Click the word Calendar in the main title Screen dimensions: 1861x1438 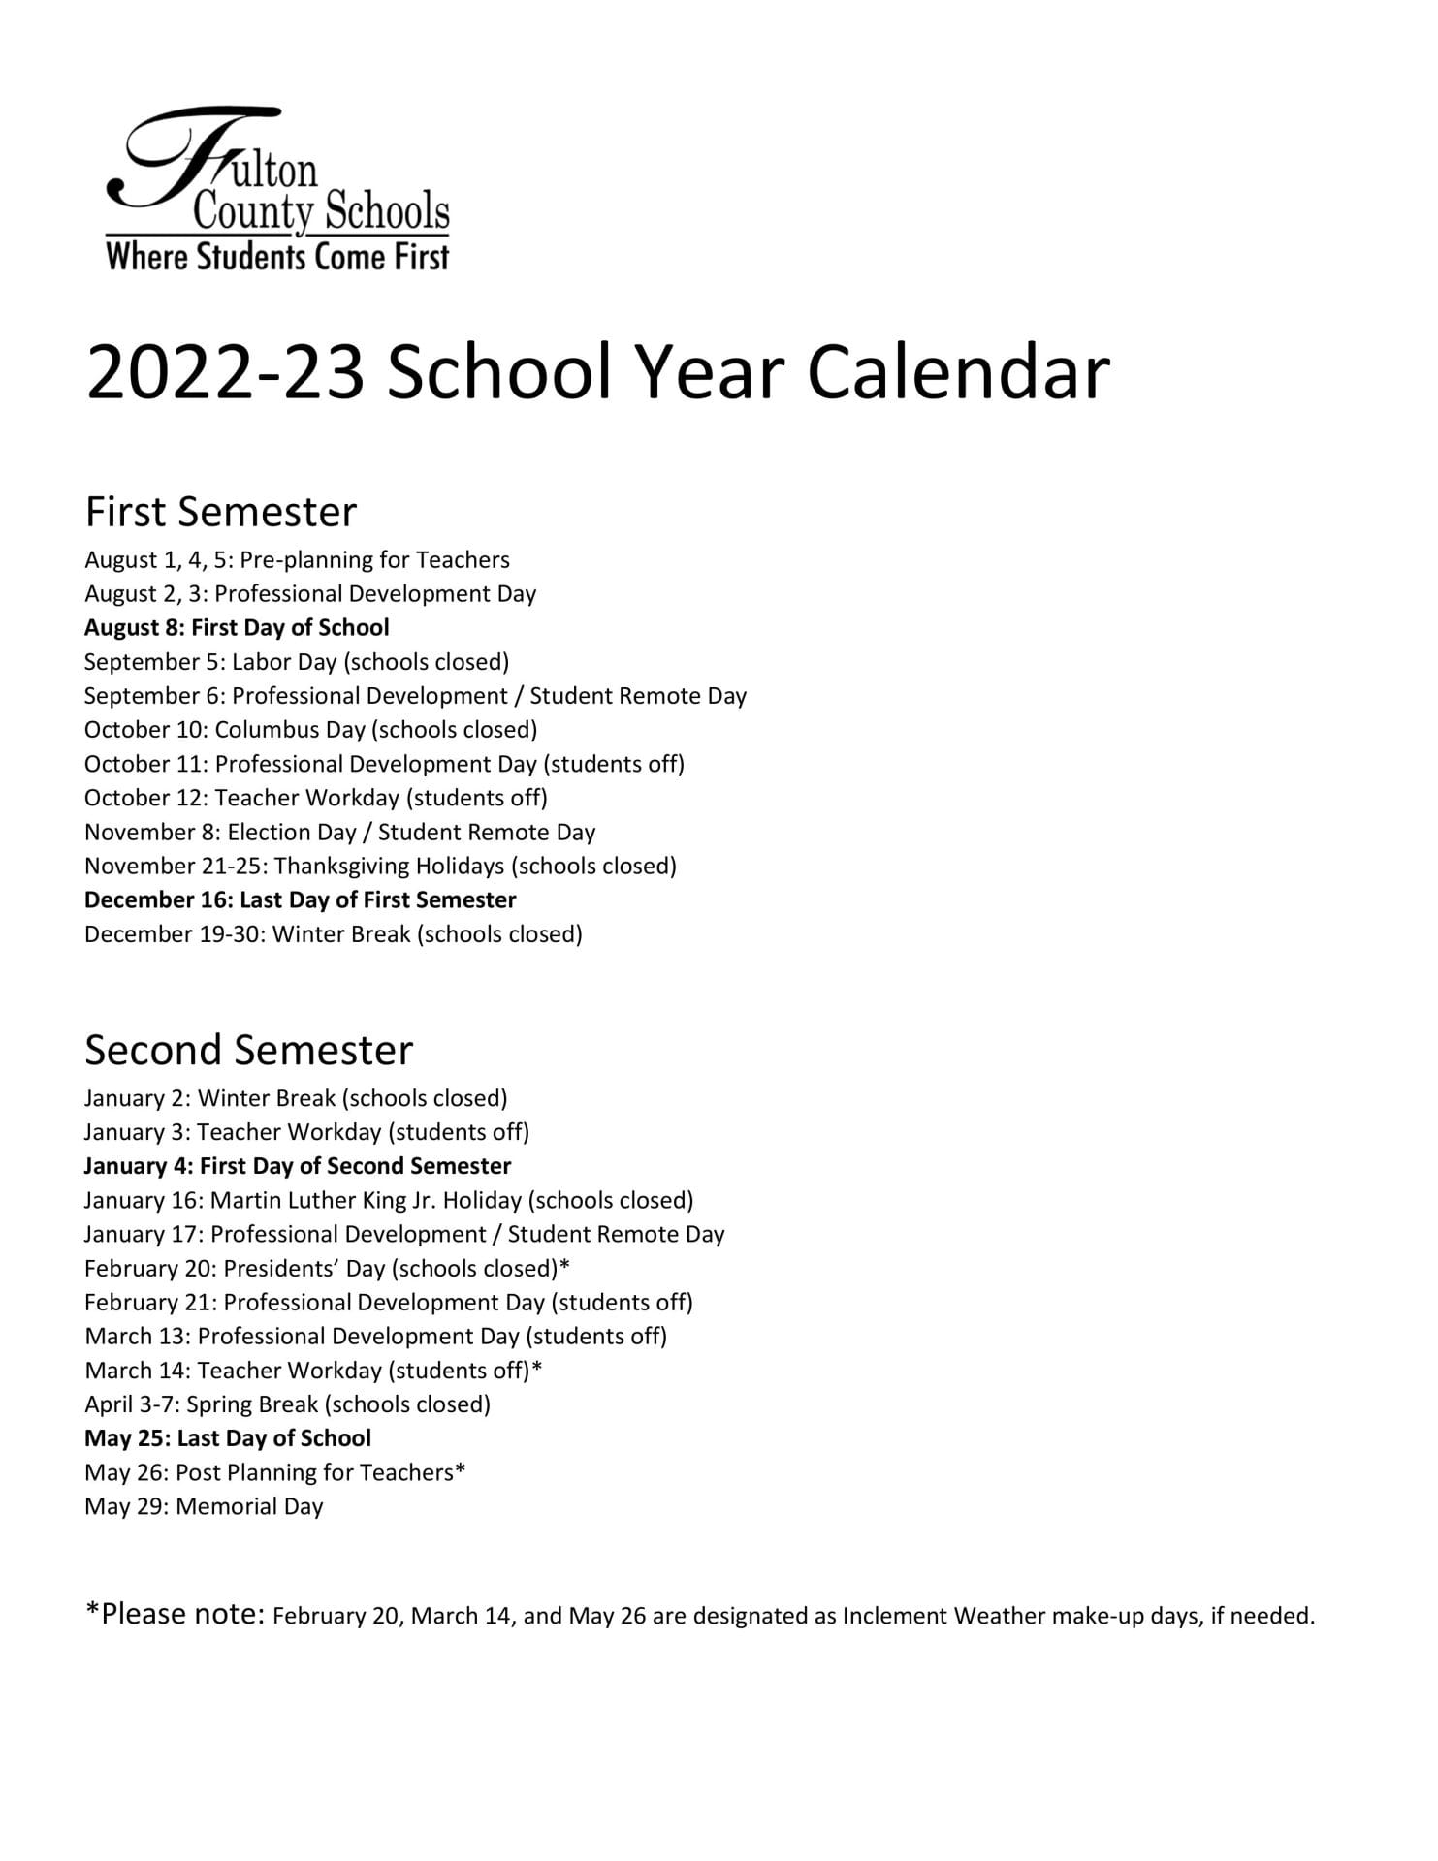click(x=958, y=372)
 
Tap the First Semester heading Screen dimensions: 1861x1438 click(x=221, y=512)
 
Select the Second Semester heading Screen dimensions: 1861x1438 click(x=248, y=1050)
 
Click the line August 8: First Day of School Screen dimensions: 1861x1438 click(x=237, y=627)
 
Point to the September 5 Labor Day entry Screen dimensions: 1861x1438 click(x=296, y=662)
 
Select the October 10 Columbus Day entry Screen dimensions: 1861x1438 click(x=310, y=730)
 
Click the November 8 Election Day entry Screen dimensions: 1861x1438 click(x=339, y=833)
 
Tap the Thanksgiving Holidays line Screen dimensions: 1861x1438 click(x=380, y=867)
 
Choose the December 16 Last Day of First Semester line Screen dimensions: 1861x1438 click(x=300, y=900)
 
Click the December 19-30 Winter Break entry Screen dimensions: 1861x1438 click(x=333, y=934)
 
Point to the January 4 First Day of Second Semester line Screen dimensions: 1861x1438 click(x=297, y=1166)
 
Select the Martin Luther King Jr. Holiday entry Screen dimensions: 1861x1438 click(x=388, y=1201)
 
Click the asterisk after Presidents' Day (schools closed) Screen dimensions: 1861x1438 click(x=564, y=1267)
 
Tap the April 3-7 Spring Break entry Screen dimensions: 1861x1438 click(x=287, y=1404)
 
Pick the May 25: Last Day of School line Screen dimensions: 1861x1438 click(x=228, y=1438)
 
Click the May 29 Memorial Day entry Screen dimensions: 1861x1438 click(x=204, y=1506)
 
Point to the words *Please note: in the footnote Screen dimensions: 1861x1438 click(x=175, y=1614)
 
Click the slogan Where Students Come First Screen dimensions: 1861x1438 click(x=277, y=257)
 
